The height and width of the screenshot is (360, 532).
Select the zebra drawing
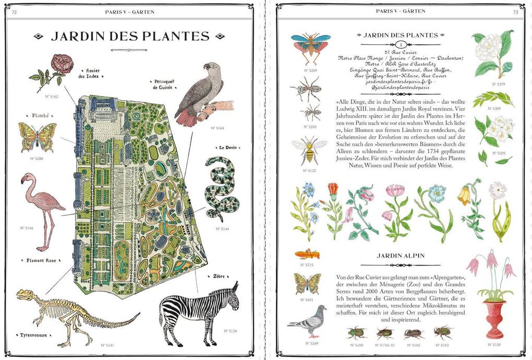pos(201,311)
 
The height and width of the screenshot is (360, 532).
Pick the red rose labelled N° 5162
pos(62,64)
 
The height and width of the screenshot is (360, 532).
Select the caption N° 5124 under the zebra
pos(229,331)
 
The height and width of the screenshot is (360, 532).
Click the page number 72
pos(15,11)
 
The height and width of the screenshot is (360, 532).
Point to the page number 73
pos(515,11)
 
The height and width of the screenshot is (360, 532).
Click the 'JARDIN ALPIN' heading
pos(400,256)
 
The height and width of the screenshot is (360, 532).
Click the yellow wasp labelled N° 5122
pos(308,151)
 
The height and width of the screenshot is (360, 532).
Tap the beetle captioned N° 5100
pos(357,333)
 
